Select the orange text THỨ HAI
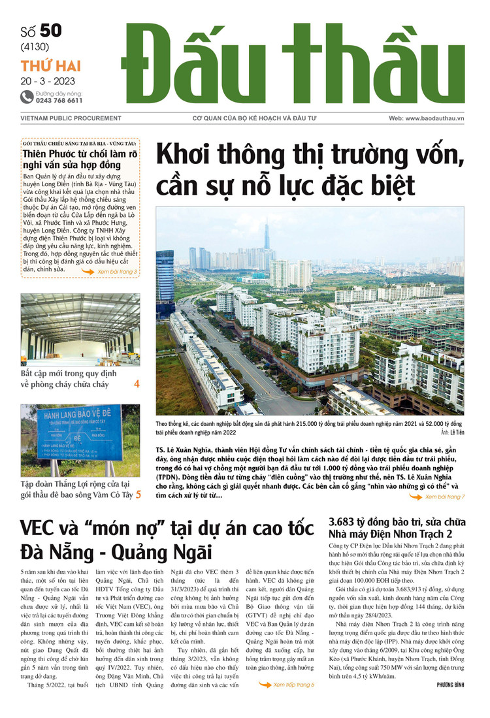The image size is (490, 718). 50,65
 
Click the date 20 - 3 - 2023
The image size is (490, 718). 48,82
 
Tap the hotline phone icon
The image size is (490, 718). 27,97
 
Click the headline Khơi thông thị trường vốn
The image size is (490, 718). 310,157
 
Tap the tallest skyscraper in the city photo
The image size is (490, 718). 266,238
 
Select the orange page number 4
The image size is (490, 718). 137,384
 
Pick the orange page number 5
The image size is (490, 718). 138,495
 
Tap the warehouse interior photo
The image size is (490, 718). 80,329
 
